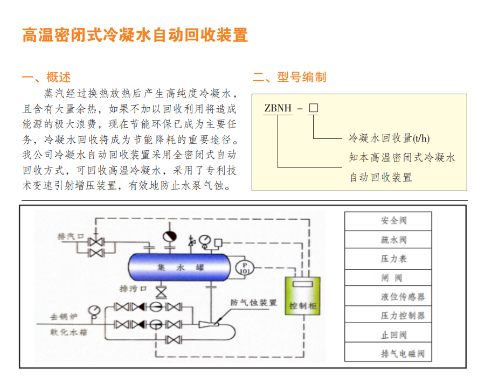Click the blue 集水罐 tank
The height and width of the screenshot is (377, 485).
178,267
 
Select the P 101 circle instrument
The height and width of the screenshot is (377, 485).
244,267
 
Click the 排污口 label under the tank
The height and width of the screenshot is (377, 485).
133,289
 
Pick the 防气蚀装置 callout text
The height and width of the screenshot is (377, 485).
253,303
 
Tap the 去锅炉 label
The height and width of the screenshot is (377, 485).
63,316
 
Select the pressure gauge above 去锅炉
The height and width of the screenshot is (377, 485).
94,311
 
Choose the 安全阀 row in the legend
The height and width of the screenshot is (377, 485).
388,221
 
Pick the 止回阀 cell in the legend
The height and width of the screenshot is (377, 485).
388,334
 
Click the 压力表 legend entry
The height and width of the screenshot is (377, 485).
388,259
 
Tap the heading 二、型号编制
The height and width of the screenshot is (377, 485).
289,77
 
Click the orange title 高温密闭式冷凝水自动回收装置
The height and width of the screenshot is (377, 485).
135,35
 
